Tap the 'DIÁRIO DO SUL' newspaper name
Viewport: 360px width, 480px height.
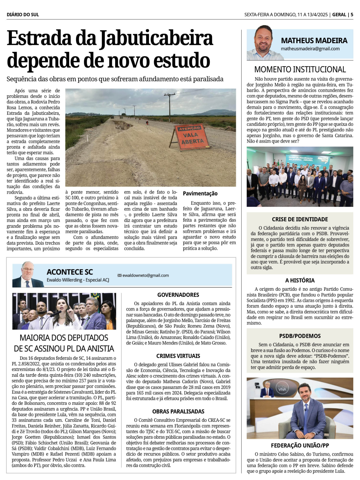click(x=23, y=15)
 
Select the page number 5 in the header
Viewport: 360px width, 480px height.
click(x=352, y=15)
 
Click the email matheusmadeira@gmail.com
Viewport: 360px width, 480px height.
click(x=310, y=49)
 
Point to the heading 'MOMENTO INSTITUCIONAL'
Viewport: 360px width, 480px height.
click(x=300, y=69)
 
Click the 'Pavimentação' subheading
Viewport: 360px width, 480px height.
click(x=200, y=194)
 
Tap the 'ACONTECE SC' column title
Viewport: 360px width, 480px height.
click(x=70, y=272)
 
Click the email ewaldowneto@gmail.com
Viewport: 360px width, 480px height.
click(x=145, y=276)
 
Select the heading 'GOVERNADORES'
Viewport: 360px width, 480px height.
click(x=178, y=295)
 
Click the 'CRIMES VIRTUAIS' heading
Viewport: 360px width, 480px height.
click(x=178, y=356)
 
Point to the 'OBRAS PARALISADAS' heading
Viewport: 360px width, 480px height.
click(x=178, y=411)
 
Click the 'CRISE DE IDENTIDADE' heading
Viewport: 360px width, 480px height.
click(x=300, y=219)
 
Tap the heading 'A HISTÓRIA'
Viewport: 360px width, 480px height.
click(x=300, y=280)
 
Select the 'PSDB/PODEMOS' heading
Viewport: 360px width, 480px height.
click(x=300, y=336)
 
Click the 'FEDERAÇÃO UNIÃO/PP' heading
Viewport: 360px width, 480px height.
click(x=300, y=445)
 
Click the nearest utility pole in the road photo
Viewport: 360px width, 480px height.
click(x=169, y=107)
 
